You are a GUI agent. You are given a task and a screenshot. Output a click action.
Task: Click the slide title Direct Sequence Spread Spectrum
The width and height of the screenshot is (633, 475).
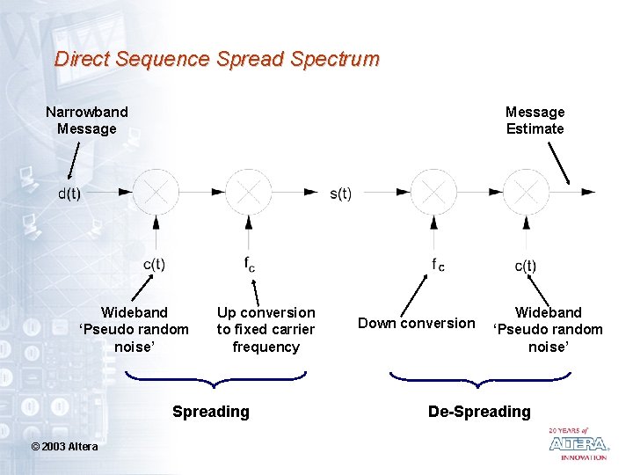[216, 60]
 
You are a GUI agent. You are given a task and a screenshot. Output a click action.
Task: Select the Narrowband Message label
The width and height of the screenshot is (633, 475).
[86, 121]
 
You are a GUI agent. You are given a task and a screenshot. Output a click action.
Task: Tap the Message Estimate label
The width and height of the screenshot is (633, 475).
[535, 121]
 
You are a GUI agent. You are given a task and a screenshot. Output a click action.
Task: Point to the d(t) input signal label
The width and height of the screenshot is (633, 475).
[69, 194]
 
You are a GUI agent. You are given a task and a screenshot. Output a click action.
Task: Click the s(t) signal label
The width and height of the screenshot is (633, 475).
[340, 194]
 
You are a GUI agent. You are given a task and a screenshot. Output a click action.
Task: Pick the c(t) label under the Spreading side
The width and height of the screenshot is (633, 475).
[154, 264]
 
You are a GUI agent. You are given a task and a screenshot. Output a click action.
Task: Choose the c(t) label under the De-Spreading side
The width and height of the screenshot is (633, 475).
[525, 265]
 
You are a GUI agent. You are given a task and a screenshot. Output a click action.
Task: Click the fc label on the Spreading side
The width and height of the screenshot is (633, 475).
[250, 263]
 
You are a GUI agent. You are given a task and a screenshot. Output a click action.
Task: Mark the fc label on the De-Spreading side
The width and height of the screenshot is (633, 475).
[437, 264]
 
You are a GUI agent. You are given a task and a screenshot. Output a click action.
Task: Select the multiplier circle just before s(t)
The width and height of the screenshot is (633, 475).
[249, 191]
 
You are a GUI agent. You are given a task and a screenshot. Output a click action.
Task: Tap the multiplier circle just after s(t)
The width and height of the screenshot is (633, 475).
[433, 191]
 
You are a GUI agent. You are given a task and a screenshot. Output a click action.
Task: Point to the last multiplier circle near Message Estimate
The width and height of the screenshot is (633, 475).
[527, 191]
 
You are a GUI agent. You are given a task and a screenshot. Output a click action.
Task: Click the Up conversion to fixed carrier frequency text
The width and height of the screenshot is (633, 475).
[266, 330]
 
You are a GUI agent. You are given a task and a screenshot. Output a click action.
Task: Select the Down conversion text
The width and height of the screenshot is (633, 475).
[416, 323]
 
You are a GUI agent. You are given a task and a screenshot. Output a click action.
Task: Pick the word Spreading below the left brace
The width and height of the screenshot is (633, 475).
[211, 412]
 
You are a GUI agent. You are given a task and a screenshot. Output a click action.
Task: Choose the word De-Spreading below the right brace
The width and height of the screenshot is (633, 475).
[479, 412]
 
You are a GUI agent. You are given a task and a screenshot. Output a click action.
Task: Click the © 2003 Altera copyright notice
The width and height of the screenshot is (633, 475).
[65, 446]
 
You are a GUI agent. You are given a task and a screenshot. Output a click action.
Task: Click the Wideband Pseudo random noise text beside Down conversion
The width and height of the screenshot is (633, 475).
[548, 330]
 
